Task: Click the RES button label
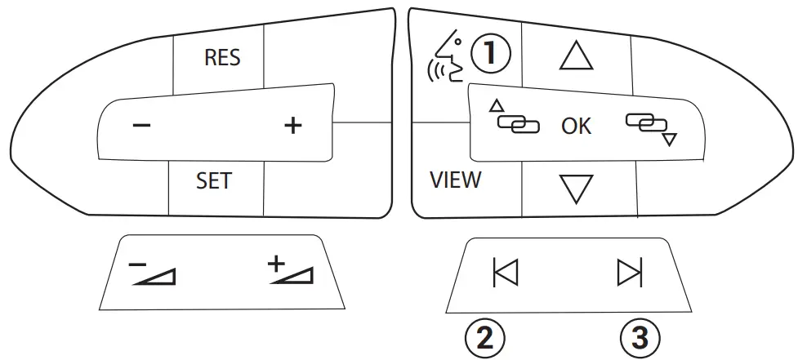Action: click(221, 59)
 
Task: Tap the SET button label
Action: click(214, 180)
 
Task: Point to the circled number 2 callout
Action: click(484, 337)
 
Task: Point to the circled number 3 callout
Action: click(640, 337)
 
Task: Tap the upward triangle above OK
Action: click(576, 56)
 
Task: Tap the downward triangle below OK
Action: click(576, 188)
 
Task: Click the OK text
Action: click(576, 127)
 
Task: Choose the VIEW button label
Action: click(455, 180)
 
